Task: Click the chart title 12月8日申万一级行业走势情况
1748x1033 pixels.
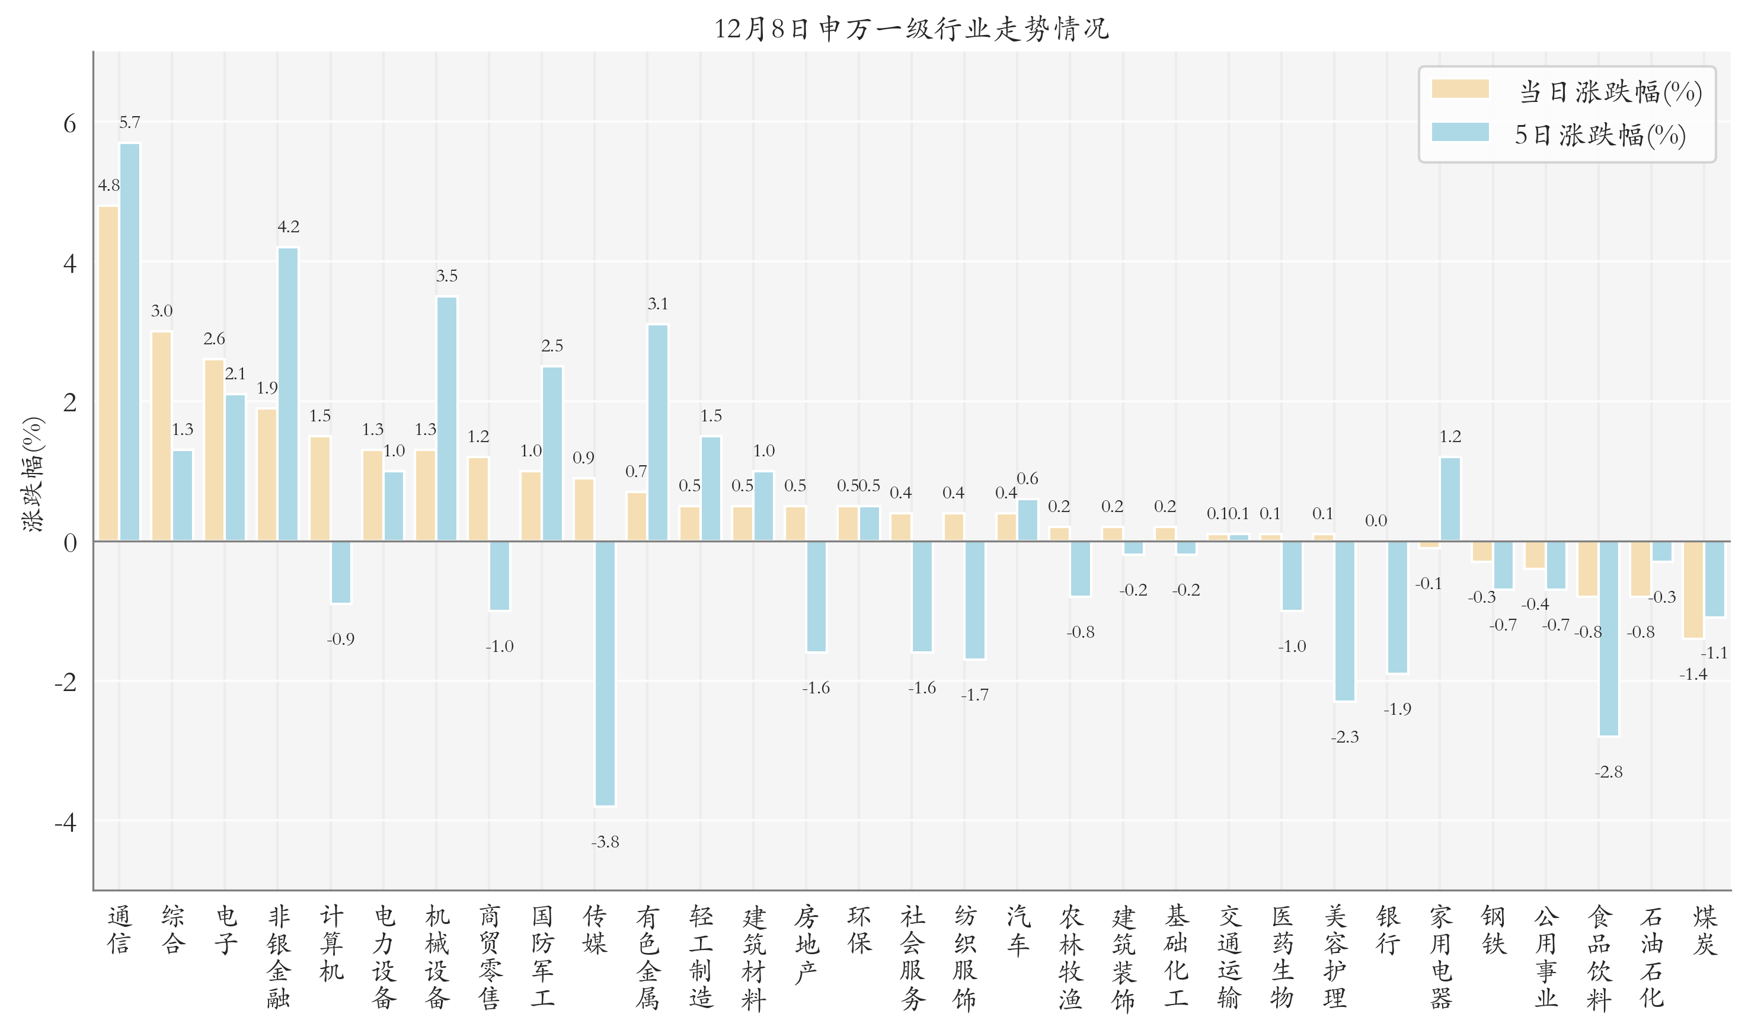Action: pos(911,28)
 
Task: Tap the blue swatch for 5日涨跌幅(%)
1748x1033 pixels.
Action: pos(1460,132)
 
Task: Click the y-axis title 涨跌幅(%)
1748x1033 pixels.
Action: pos(33,474)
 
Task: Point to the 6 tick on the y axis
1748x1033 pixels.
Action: pos(69,124)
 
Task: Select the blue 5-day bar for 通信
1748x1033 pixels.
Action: pos(129,342)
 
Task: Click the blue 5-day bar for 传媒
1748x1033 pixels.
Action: pos(605,673)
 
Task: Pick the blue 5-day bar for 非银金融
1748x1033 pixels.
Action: pos(288,394)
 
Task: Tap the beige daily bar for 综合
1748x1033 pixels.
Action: pos(161,436)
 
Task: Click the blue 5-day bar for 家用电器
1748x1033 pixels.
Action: pos(1450,499)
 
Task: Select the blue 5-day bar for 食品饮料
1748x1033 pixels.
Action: pos(1609,638)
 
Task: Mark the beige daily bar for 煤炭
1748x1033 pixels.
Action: pos(1693,590)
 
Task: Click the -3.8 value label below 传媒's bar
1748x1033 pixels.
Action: pos(605,842)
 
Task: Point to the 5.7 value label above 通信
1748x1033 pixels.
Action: pos(129,123)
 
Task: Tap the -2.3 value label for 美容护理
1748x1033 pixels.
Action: pos(1344,737)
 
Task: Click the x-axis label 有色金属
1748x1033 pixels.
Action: pos(647,957)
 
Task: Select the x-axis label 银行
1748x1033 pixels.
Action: pos(1388,930)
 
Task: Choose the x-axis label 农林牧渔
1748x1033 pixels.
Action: pos(1070,957)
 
